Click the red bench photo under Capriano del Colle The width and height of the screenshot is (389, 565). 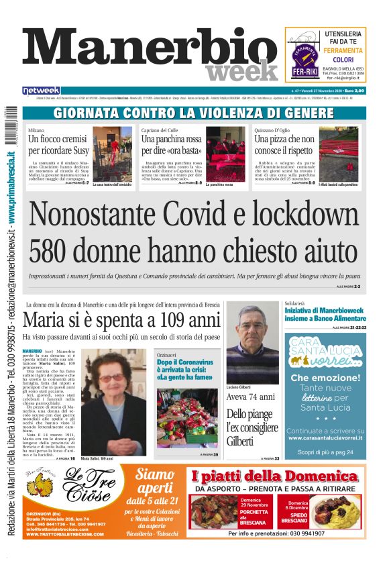[x=225, y=154]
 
